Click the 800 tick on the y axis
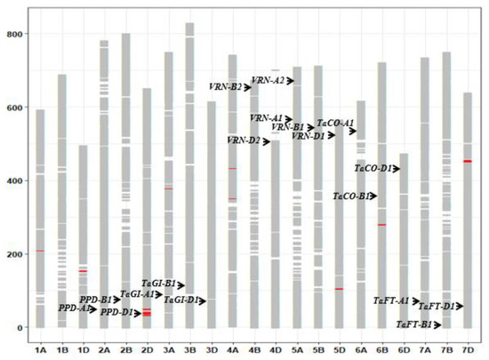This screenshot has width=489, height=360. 14,34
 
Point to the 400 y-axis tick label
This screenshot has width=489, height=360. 14,180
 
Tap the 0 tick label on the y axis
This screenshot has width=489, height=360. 20,328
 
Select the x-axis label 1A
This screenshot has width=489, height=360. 40,348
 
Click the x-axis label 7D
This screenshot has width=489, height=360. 468,348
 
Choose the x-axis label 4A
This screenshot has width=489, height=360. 232,348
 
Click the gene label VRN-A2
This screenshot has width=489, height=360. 268,81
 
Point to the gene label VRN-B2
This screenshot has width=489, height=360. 225,87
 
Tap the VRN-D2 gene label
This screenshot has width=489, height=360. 243,140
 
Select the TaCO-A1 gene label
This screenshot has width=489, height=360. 335,124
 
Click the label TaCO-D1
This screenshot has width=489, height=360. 374,168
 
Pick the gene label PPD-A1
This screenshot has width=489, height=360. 74,308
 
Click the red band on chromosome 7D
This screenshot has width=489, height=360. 468,161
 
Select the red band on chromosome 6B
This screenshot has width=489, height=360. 381,225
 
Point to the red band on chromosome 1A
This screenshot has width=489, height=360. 40,251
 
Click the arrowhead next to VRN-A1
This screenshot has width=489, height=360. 288,119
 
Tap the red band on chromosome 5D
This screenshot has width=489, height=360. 339,289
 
